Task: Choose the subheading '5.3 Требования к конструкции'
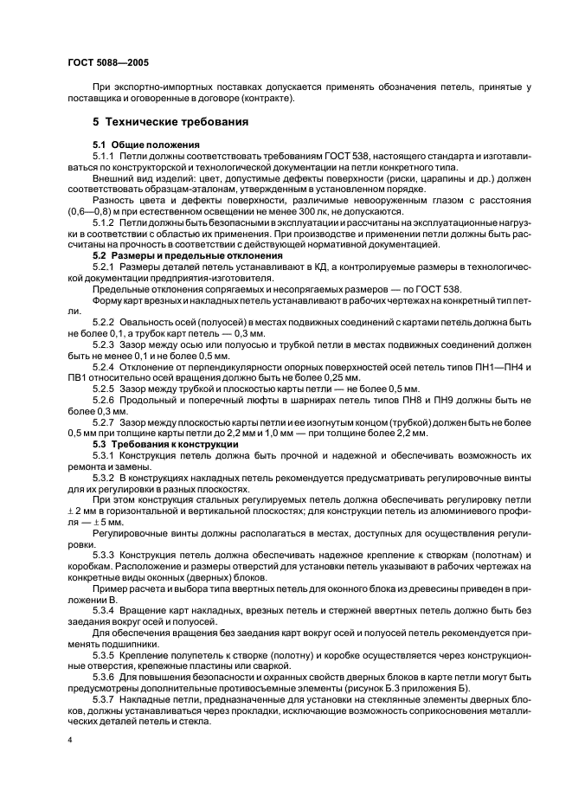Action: (x=165, y=444)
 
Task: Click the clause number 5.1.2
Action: (x=105, y=222)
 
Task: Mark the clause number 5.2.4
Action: (x=105, y=368)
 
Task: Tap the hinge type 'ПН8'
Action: (x=406, y=401)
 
